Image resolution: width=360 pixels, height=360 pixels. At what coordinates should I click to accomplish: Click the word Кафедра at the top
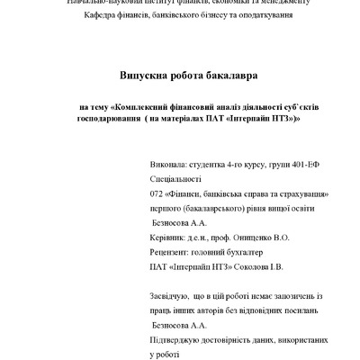coord(101,16)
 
